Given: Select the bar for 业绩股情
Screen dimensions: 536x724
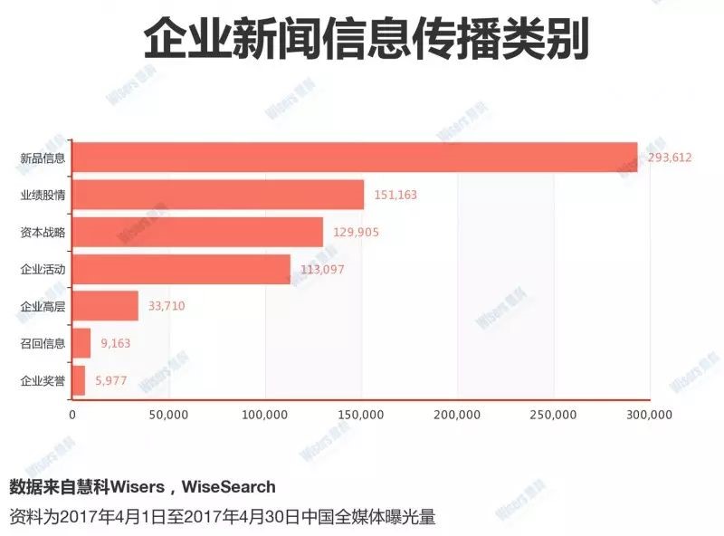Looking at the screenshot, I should point(218,195).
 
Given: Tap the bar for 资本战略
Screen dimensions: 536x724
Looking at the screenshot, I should point(197,232).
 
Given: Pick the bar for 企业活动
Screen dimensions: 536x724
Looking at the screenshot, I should point(181,269).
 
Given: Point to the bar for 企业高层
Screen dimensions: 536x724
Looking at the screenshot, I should point(105,306).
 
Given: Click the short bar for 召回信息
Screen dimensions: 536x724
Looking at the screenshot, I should point(81,343).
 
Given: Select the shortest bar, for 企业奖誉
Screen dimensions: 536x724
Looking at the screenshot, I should point(79,380).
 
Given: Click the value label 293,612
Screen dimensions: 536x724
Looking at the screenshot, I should point(670,158).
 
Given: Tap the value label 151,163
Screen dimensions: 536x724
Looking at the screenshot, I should point(395,195).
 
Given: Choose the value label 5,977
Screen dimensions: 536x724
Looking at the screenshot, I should point(112,380).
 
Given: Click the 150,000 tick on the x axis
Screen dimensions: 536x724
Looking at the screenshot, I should point(361,416).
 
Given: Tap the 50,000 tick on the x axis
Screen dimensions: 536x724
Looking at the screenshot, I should point(168,416).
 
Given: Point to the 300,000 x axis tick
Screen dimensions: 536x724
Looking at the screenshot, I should point(650,416).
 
